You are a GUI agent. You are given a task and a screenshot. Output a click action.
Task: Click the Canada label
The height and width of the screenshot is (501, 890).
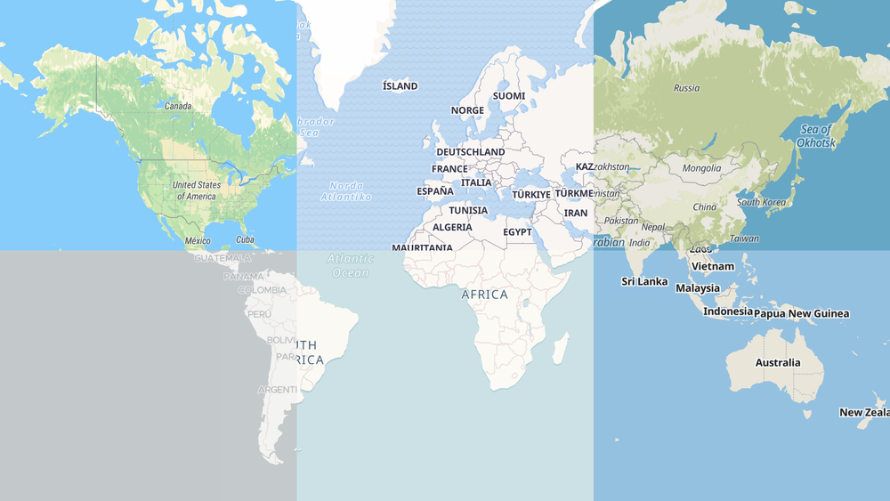tap(178, 107)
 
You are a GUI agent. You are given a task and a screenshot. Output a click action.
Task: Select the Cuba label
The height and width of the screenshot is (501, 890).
tap(245, 239)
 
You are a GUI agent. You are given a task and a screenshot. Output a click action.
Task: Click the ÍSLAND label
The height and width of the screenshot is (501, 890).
tap(400, 86)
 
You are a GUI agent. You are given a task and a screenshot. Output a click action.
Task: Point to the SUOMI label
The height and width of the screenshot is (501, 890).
tap(509, 96)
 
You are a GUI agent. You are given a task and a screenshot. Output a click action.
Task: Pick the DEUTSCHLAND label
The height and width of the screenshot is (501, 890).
tap(470, 152)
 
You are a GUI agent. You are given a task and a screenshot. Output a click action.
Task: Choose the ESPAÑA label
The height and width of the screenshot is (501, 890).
tap(435, 191)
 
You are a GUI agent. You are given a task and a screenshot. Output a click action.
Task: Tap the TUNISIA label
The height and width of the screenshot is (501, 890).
tap(468, 211)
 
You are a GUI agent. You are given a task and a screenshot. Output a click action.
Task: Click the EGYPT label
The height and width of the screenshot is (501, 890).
tap(517, 232)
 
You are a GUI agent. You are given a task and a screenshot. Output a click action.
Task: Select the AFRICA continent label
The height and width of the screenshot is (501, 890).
tap(485, 295)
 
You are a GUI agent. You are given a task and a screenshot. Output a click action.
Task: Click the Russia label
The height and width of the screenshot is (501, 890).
tap(686, 88)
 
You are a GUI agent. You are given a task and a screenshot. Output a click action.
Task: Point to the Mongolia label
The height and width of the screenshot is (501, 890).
tap(701, 168)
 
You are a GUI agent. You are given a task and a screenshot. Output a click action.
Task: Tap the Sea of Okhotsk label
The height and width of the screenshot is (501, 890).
tap(814, 136)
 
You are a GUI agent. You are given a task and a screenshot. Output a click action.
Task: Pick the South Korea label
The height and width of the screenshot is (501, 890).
tap(761, 202)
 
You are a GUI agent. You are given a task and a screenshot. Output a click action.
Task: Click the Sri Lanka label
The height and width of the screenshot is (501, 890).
tap(644, 282)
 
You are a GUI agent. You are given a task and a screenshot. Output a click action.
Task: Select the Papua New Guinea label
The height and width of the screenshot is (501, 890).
tap(801, 313)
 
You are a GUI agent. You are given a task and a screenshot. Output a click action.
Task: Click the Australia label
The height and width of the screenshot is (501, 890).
tap(778, 363)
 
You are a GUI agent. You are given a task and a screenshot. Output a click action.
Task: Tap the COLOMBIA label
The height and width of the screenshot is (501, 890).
tap(263, 290)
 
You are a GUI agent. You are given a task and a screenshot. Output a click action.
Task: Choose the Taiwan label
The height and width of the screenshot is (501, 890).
tap(744, 238)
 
